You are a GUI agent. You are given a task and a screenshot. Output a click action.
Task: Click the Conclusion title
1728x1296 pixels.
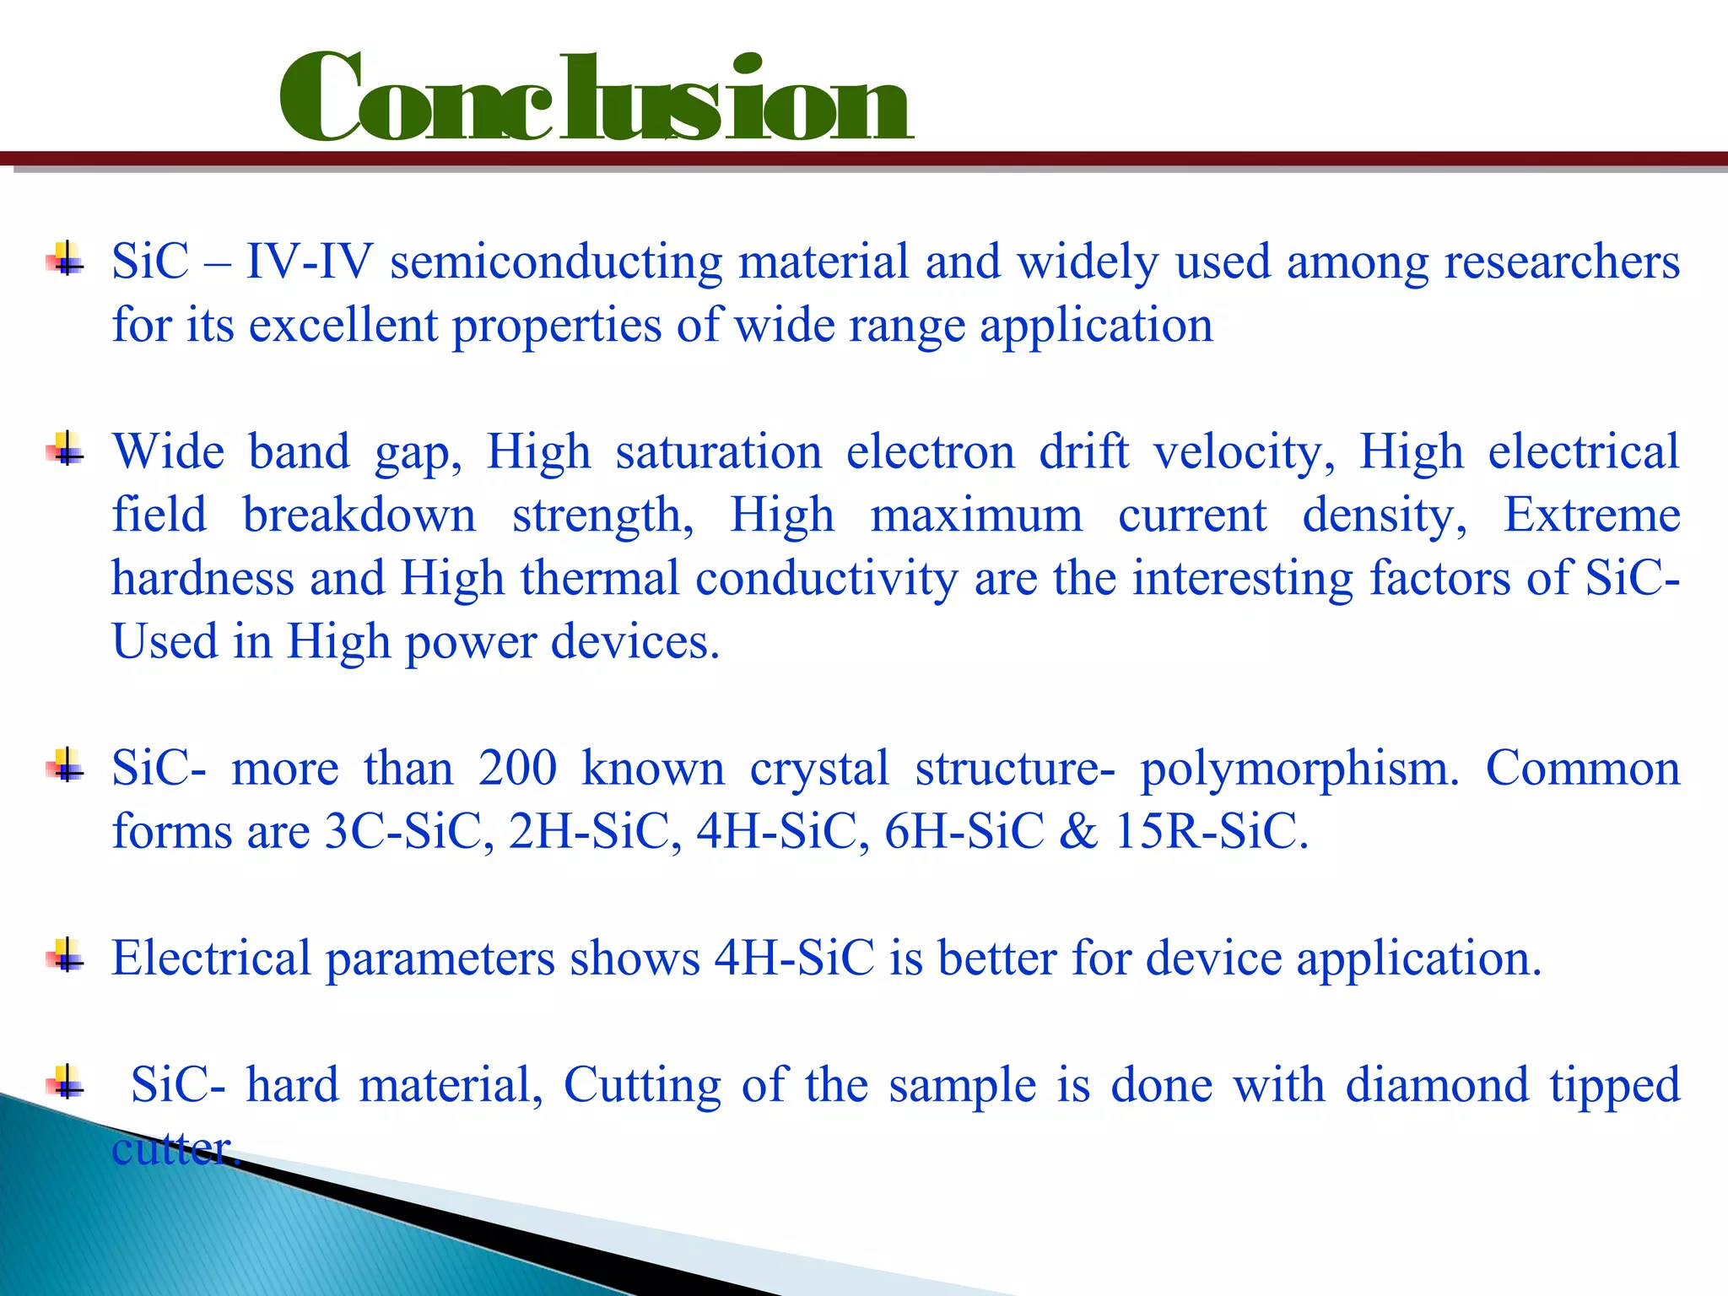(595, 100)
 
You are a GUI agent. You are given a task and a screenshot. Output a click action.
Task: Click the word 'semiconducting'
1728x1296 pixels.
(556, 262)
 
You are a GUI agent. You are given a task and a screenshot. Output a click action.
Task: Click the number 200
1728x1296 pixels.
(517, 769)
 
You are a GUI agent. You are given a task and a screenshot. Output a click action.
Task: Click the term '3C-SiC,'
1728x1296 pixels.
(409, 832)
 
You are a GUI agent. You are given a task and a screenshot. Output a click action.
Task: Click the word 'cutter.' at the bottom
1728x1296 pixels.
(175, 1149)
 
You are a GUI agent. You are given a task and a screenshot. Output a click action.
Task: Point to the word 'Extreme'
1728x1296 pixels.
(1591, 516)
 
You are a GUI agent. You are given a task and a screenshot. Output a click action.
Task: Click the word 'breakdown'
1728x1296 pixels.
(359, 516)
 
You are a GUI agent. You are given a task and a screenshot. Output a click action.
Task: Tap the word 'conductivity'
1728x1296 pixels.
(827, 580)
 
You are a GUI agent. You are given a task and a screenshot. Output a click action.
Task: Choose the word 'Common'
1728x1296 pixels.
(1583, 769)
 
